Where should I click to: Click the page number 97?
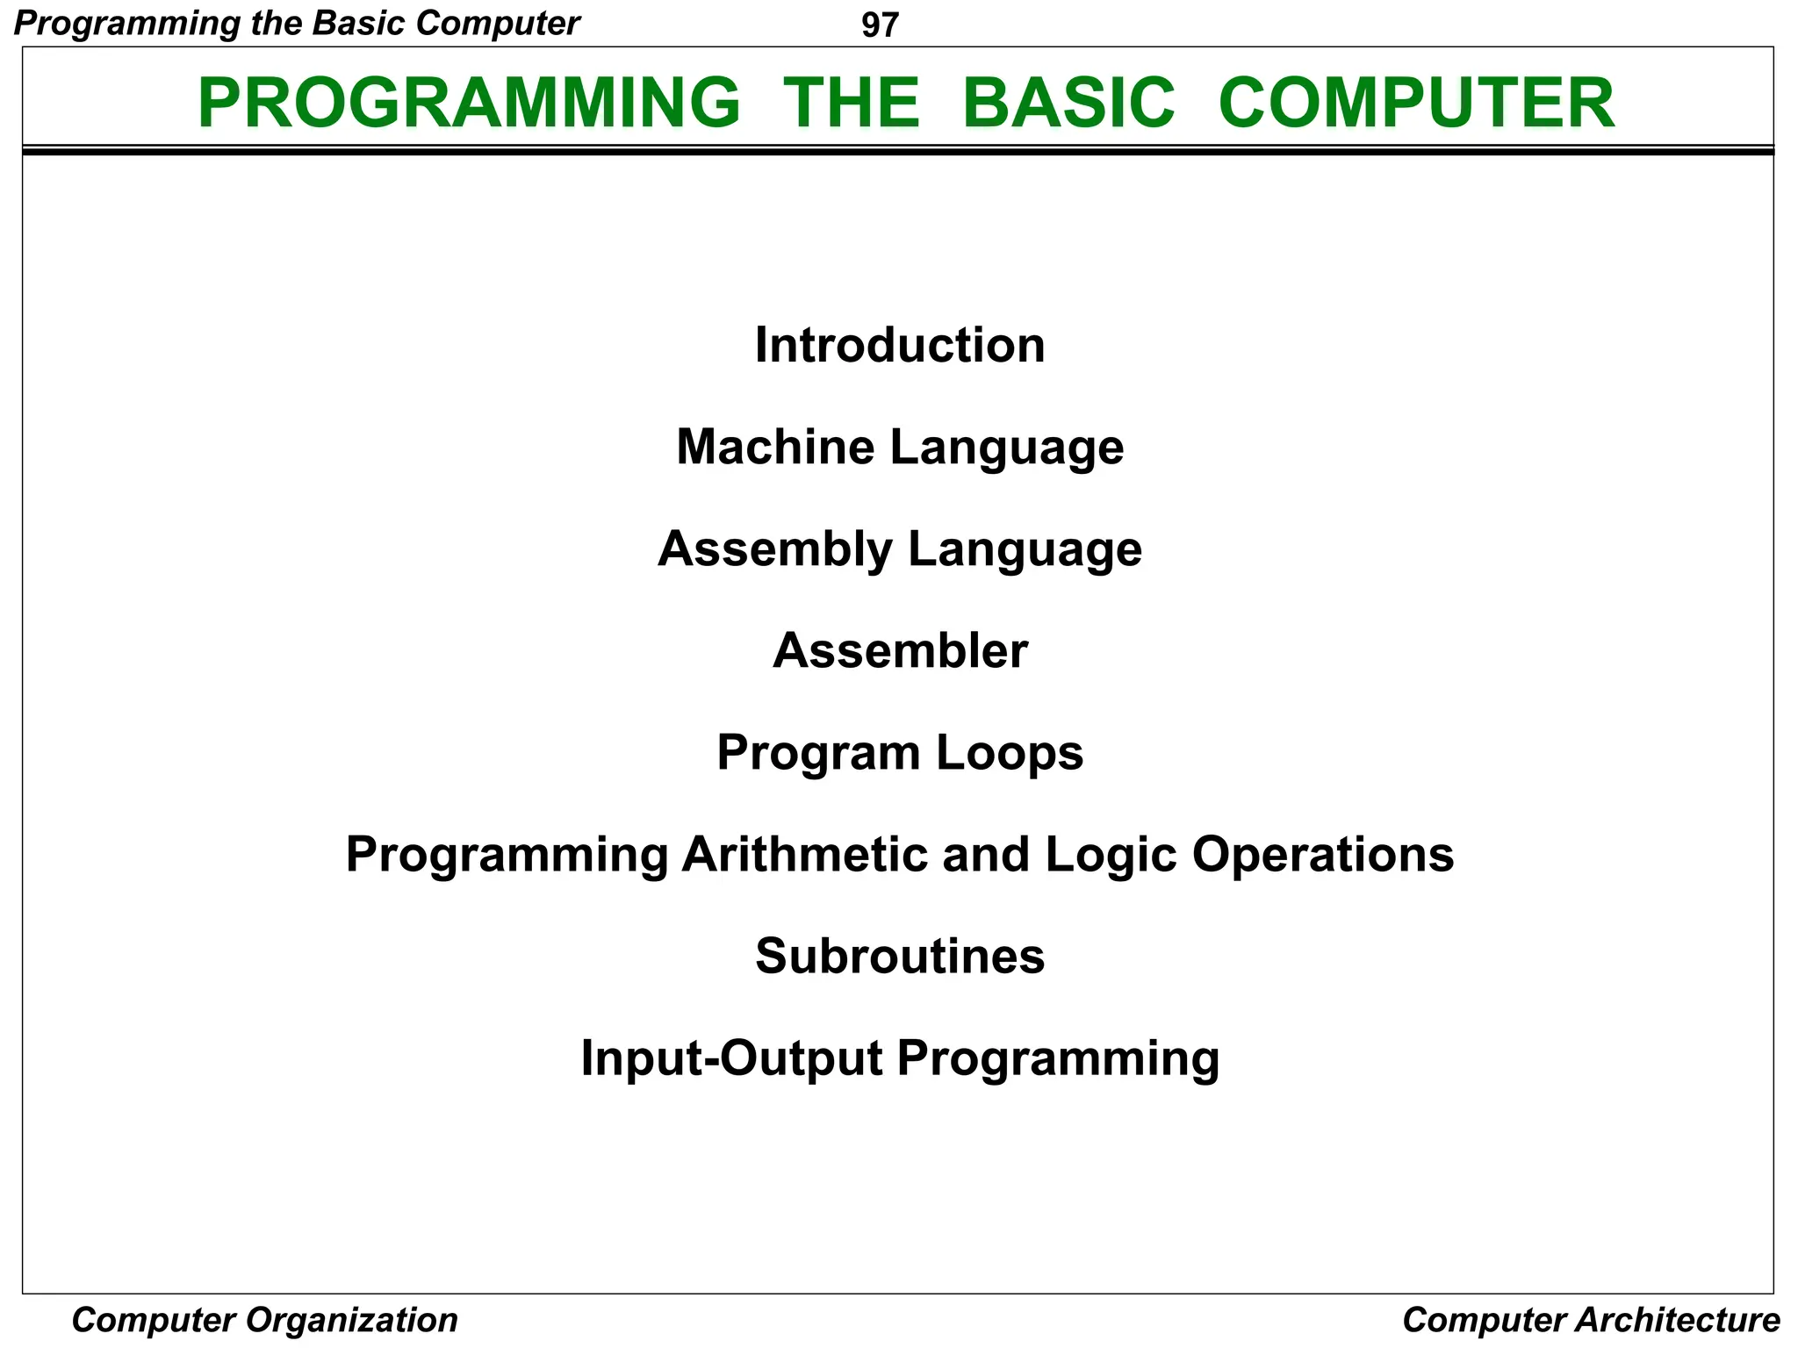(x=880, y=25)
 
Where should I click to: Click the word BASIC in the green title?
(x=1068, y=103)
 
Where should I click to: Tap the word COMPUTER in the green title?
(x=1416, y=103)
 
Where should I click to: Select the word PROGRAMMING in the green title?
(x=469, y=103)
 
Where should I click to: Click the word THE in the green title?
(x=851, y=103)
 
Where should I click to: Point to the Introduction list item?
(x=900, y=345)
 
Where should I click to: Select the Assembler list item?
(x=900, y=651)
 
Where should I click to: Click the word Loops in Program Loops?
(x=1010, y=753)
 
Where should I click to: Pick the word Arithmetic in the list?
(x=804, y=854)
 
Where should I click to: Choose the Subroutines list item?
(x=900, y=956)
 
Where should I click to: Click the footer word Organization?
(x=351, y=1320)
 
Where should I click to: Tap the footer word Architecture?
(x=1677, y=1320)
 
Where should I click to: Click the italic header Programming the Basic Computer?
(x=297, y=24)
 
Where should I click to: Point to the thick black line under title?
(x=897, y=152)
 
